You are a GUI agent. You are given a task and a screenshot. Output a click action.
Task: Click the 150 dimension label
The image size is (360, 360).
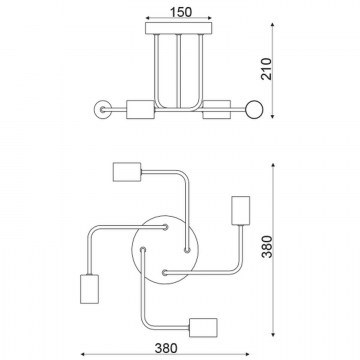click(x=181, y=12)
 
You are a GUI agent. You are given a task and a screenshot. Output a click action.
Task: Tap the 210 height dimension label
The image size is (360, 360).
click(x=266, y=69)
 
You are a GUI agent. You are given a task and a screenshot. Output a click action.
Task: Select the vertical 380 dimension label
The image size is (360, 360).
click(x=267, y=247)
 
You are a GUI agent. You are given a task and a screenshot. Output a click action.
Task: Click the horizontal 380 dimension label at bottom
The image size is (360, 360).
click(x=166, y=348)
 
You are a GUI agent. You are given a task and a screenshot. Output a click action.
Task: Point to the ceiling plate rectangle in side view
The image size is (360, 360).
click(x=179, y=28)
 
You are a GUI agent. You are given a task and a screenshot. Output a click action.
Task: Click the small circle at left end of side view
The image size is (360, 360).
click(x=103, y=109)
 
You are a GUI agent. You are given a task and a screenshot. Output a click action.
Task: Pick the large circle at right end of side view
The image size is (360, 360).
click(x=254, y=109)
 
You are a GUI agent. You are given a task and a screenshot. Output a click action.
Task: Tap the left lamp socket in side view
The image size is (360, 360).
click(x=140, y=109)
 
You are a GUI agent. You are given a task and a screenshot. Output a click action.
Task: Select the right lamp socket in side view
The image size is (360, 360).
click(x=217, y=109)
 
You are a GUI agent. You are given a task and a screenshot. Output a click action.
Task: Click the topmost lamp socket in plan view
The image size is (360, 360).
click(x=127, y=172)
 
